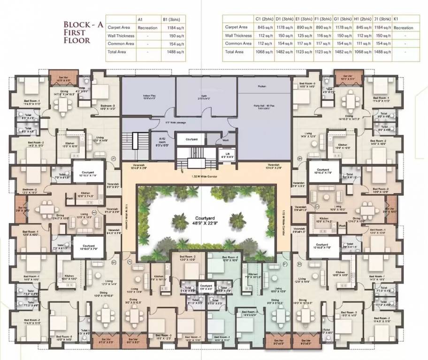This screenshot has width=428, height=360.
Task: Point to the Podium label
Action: pos(261,87)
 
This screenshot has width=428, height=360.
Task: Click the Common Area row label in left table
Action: pos(119,44)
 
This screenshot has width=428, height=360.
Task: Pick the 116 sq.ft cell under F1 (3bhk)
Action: pos(323,36)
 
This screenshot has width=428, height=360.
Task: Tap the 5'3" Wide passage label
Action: pos(151,123)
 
